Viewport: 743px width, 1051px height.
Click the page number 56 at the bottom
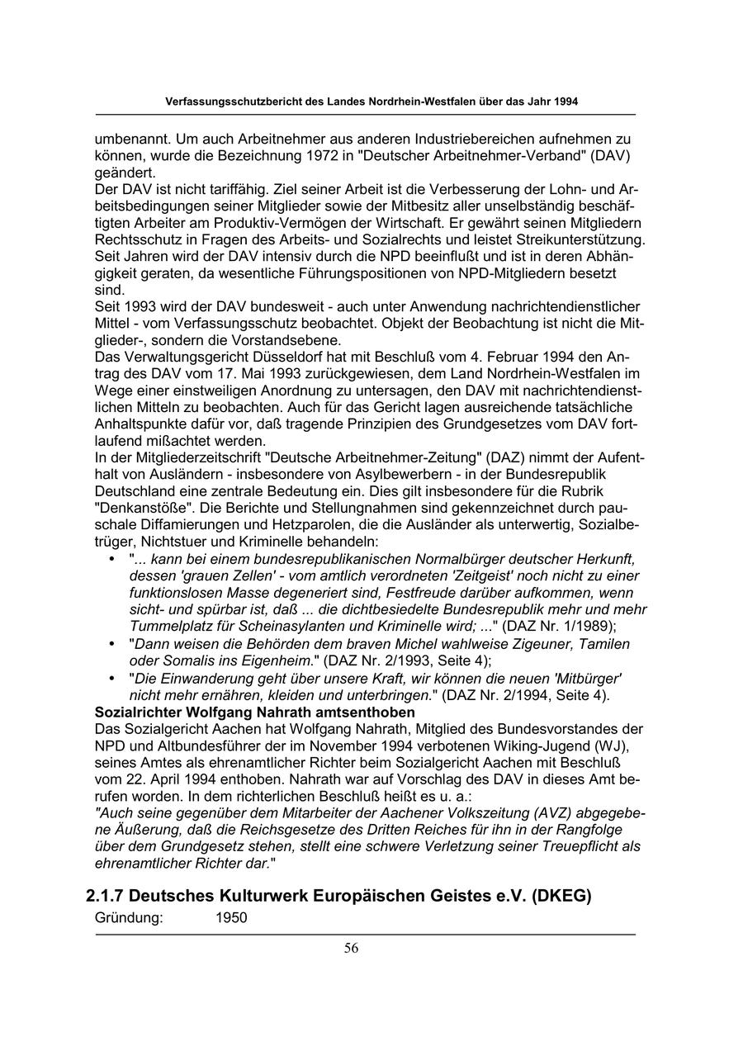click(352, 948)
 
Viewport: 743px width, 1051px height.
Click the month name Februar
click(513, 357)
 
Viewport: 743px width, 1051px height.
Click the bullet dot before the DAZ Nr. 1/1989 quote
click(112, 560)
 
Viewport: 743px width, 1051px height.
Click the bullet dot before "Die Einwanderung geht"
click(112, 679)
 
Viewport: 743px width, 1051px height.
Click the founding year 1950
click(232, 917)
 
